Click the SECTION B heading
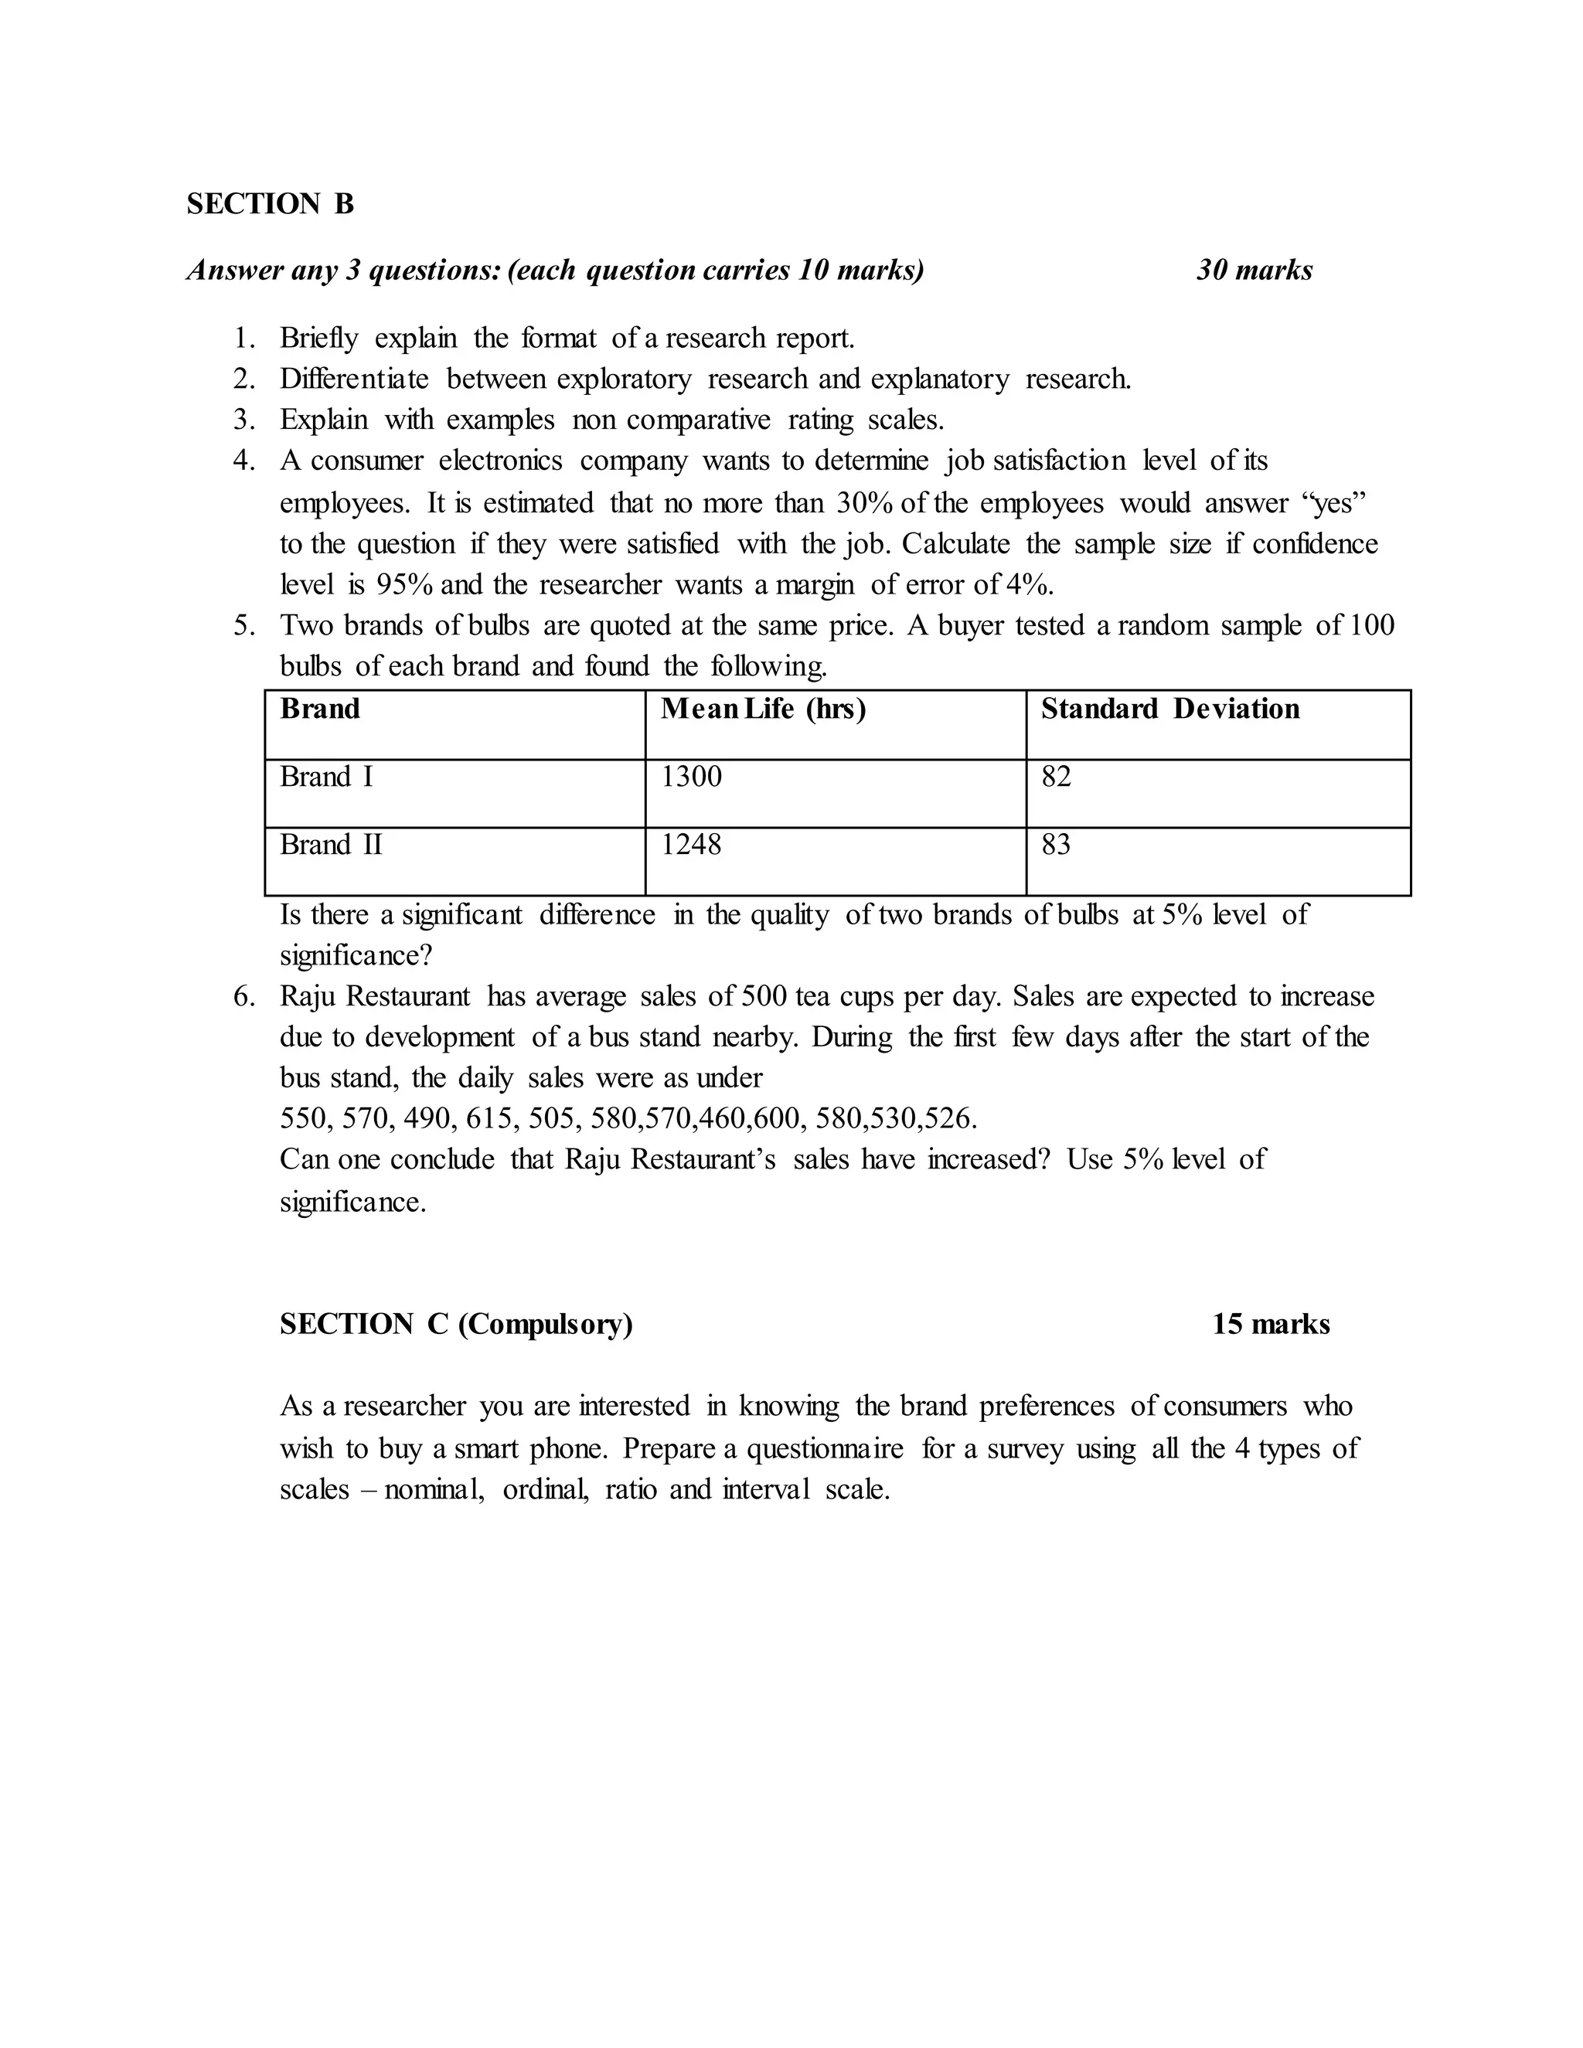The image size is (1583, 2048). tap(270, 203)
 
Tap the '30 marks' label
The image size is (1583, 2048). tap(1254, 270)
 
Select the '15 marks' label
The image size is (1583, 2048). tap(1271, 1324)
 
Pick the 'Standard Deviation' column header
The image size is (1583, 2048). tap(1170, 709)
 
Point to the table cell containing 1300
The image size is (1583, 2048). tap(692, 777)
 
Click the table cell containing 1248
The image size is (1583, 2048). tap(692, 845)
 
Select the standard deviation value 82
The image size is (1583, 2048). tap(1056, 777)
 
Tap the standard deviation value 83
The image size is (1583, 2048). tap(1056, 845)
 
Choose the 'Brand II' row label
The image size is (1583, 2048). tap(331, 845)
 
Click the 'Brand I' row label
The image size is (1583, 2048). tap(326, 777)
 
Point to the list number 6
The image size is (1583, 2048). tap(243, 997)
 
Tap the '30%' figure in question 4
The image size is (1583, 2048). tap(865, 504)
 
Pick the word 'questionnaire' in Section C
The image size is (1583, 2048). tap(826, 1449)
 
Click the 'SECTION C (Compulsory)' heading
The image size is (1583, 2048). tap(456, 1324)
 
